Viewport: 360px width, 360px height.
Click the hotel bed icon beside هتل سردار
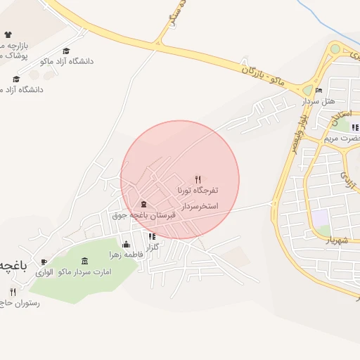coord(319,91)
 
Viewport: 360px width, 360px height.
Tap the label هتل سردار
coord(316,101)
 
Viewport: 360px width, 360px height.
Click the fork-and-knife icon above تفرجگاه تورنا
coord(198,180)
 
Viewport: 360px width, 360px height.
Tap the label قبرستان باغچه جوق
coord(143,216)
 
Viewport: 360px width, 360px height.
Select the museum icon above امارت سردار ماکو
coord(85,262)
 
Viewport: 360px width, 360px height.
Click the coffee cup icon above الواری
coord(44,262)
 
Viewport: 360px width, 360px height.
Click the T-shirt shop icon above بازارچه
coord(8,34)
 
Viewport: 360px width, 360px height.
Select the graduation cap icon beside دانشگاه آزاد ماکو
coord(67,51)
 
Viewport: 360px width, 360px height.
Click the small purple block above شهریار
coord(321,219)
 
